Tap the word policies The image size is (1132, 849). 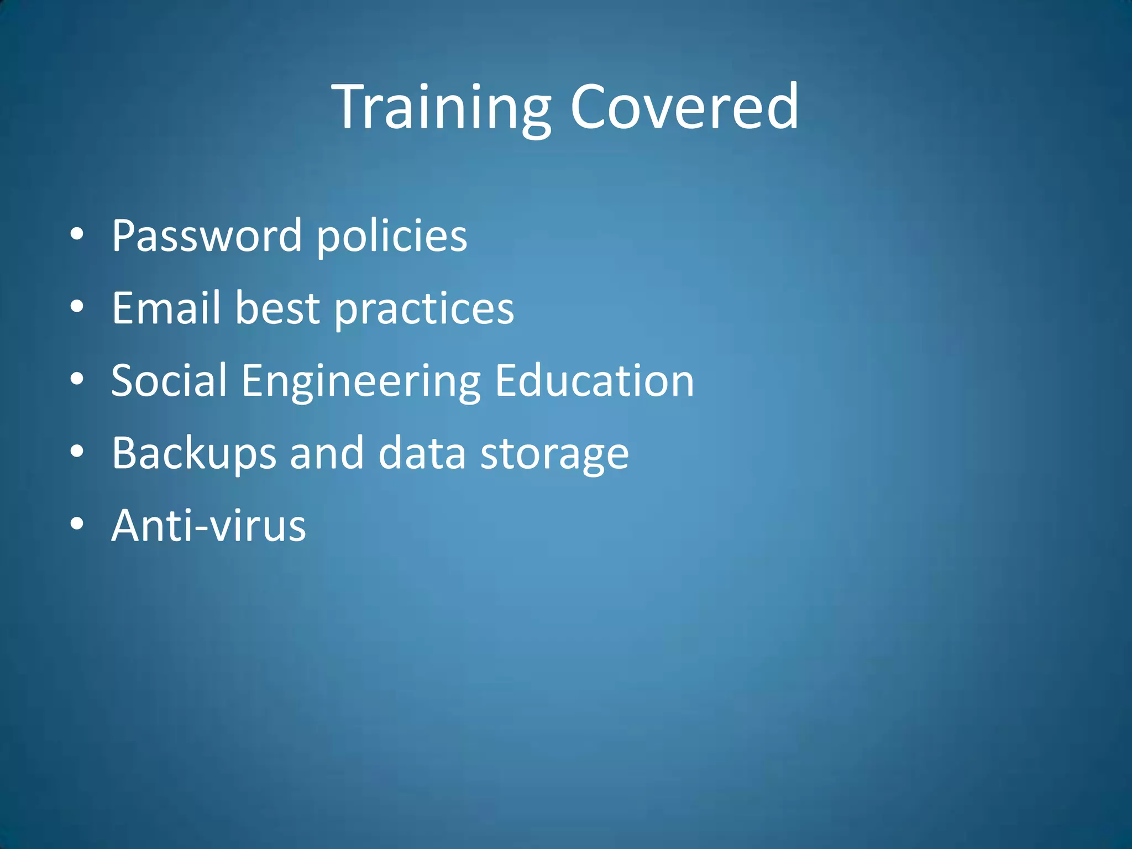(391, 236)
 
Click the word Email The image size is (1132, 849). (166, 308)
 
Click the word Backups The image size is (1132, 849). (193, 453)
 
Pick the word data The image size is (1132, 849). (422, 453)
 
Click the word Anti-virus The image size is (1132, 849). (208, 525)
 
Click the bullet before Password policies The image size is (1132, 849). (77, 234)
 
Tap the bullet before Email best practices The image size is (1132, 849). (77, 307)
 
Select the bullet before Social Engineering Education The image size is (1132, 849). (77, 379)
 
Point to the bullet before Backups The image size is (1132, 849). (77, 452)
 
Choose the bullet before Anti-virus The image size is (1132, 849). (77, 524)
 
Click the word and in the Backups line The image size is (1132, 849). (327, 453)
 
